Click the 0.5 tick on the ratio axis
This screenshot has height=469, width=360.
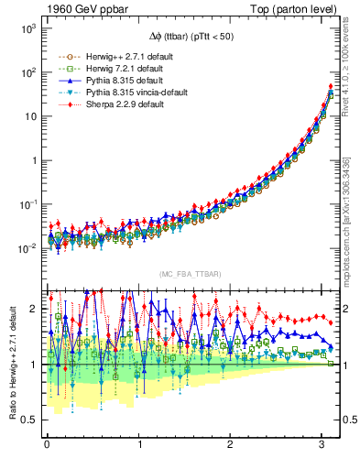point(28,420)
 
